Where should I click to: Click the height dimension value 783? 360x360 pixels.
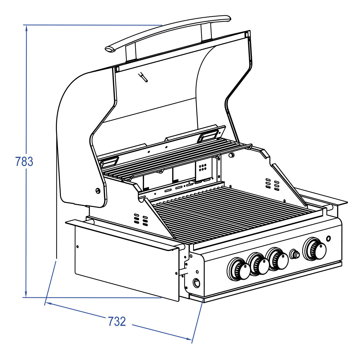pyautogui.click(x=24, y=162)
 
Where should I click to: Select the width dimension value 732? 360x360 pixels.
pyautogui.click(x=117, y=321)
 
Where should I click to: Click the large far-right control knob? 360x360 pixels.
pyautogui.click(x=314, y=249)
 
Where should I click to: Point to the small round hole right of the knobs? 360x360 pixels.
pyautogui.click(x=328, y=239)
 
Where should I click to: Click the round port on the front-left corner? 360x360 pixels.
pyautogui.click(x=196, y=283)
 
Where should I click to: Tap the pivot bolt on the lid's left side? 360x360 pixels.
pyautogui.click(x=98, y=191)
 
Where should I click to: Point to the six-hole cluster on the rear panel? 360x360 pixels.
pyautogui.click(x=203, y=168)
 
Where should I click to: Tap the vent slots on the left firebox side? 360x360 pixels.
pyautogui.click(x=141, y=220)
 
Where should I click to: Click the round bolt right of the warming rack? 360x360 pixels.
pyautogui.click(x=231, y=155)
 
